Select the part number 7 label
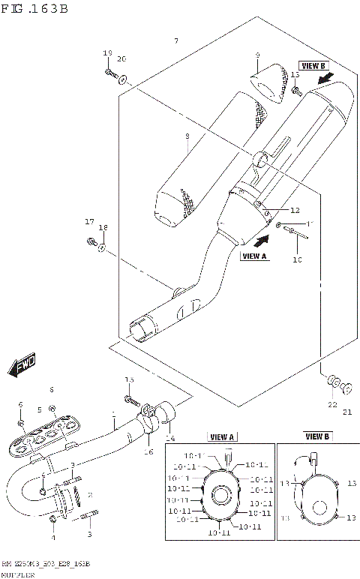(x=175, y=40)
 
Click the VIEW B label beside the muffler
(x=313, y=65)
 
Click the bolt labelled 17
(x=90, y=243)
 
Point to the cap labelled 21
(x=347, y=388)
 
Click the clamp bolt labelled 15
(x=129, y=399)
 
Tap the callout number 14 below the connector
(x=169, y=437)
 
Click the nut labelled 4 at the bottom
(x=52, y=518)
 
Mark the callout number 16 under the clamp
(x=148, y=451)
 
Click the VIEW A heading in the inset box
(x=222, y=436)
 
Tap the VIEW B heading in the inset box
(x=317, y=436)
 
